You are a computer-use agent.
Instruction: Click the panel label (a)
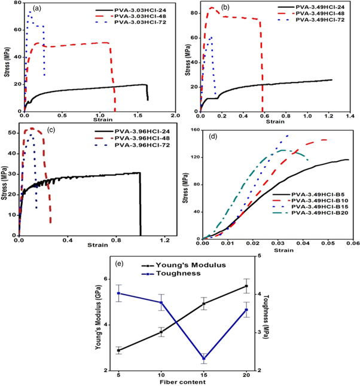click(x=37, y=9)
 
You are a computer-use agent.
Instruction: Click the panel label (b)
click(x=226, y=8)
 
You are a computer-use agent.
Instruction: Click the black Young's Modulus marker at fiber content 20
click(x=246, y=286)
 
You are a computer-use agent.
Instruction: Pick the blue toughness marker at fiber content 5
click(x=119, y=293)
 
